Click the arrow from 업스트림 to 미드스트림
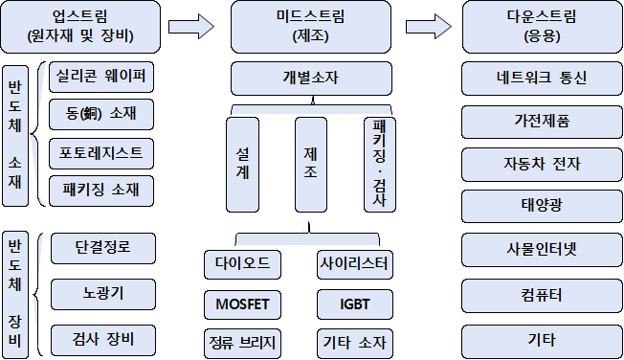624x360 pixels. coord(191,27)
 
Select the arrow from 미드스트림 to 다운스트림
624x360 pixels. coord(429,27)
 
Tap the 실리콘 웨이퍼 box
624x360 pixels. coord(101,77)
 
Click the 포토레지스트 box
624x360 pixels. coord(101,153)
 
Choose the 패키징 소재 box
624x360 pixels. coord(101,191)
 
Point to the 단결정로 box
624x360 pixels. coord(103,248)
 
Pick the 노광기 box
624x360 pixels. coord(103,294)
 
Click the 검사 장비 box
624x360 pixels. coord(103,340)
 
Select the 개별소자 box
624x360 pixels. coord(311,79)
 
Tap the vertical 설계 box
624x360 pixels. coord(242,165)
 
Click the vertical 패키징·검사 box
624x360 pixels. coord(380,165)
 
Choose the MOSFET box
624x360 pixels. coord(242,304)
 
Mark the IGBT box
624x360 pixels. coord(354,304)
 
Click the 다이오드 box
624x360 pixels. coord(242,264)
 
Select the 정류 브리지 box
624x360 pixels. coord(242,344)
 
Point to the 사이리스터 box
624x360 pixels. coord(354,264)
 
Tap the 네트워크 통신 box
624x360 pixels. coord(542,79)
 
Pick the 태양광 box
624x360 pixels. coord(542,206)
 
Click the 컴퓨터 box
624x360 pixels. coord(542,296)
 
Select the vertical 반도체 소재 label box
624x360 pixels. coord(15,136)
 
